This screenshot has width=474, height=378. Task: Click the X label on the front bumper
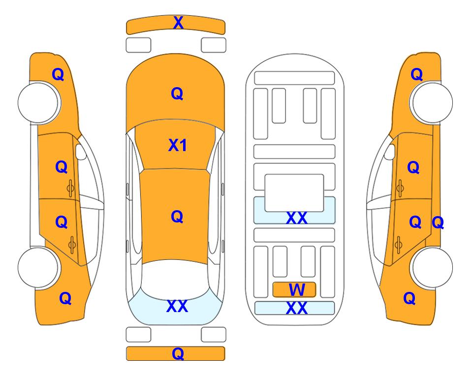[x=178, y=23]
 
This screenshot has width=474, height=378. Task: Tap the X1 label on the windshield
[x=178, y=145]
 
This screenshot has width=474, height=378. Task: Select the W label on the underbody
[x=296, y=290]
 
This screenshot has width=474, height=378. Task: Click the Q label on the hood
[x=177, y=94]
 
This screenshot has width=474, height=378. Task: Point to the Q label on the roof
[x=177, y=217]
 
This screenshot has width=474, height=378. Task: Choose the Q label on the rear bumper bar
[x=178, y=353]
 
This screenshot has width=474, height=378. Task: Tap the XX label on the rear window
[x=177, y=306]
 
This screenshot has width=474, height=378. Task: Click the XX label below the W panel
[x=296, y=308]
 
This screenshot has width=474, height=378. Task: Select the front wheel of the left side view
[x=38, y=102]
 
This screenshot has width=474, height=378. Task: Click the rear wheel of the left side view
[x=38, y=267]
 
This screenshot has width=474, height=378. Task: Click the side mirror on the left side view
[x=81, y=152]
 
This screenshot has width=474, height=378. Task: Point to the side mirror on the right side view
[x=389, y=152]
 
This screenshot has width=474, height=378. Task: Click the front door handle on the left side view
[x=71, y=188]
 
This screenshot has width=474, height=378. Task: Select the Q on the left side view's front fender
[x=58, y=74]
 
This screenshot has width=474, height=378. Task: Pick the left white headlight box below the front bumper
[x=138, y=45]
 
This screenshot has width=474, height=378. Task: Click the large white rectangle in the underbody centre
[x=294, y=193]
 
